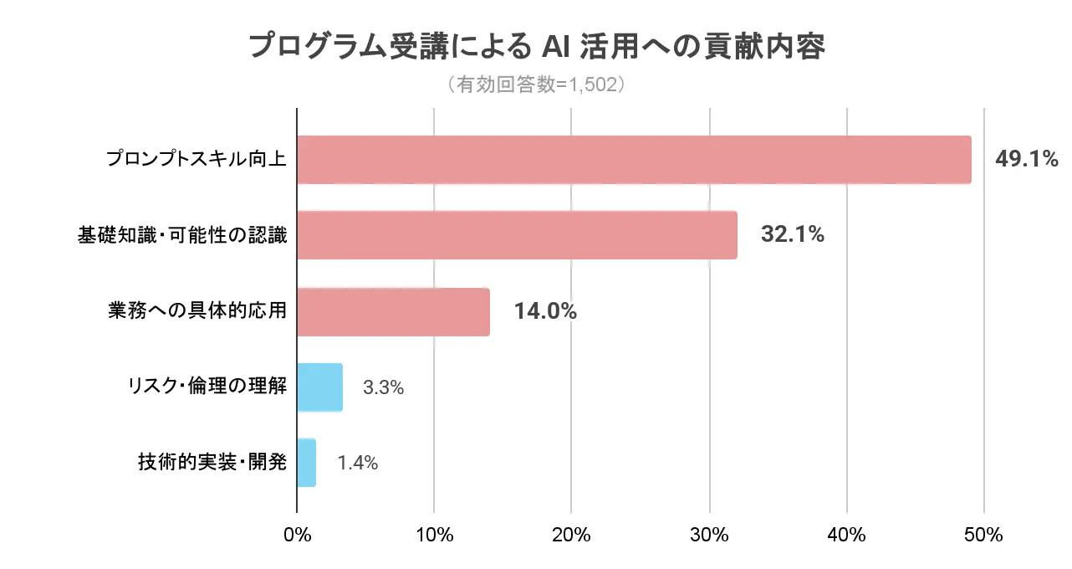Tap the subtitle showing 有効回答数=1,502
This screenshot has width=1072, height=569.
[x=536, y=85]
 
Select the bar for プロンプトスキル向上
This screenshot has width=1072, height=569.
[x=634, y=160]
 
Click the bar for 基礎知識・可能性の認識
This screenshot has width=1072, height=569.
[x=517, y=235]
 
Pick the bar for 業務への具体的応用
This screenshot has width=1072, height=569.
[x=393, y=311]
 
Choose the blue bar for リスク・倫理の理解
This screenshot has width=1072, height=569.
[x=319, y=387]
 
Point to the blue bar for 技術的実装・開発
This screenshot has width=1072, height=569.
[x=306, y=463]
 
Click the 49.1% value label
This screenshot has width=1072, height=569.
[x=1026, y=159]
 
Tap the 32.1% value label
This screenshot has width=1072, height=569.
[x=792, y=235]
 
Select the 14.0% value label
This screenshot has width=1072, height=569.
[x=545, y=311]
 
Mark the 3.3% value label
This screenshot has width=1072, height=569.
[x=384, y=387]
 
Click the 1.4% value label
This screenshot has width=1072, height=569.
[x=358, y=463]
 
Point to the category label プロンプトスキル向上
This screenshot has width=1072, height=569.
[x=197, y=159]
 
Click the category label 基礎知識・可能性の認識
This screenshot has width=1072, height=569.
[x=182, y=235]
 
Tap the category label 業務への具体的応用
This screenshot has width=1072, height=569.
[x=197, y=311]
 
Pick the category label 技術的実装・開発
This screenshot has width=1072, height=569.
[x=212, y=463]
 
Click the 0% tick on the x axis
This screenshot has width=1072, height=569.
[x=297, y=536]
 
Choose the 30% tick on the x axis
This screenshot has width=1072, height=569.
[x=709, y=536]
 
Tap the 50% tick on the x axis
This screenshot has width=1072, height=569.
[x=983, y=536]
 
